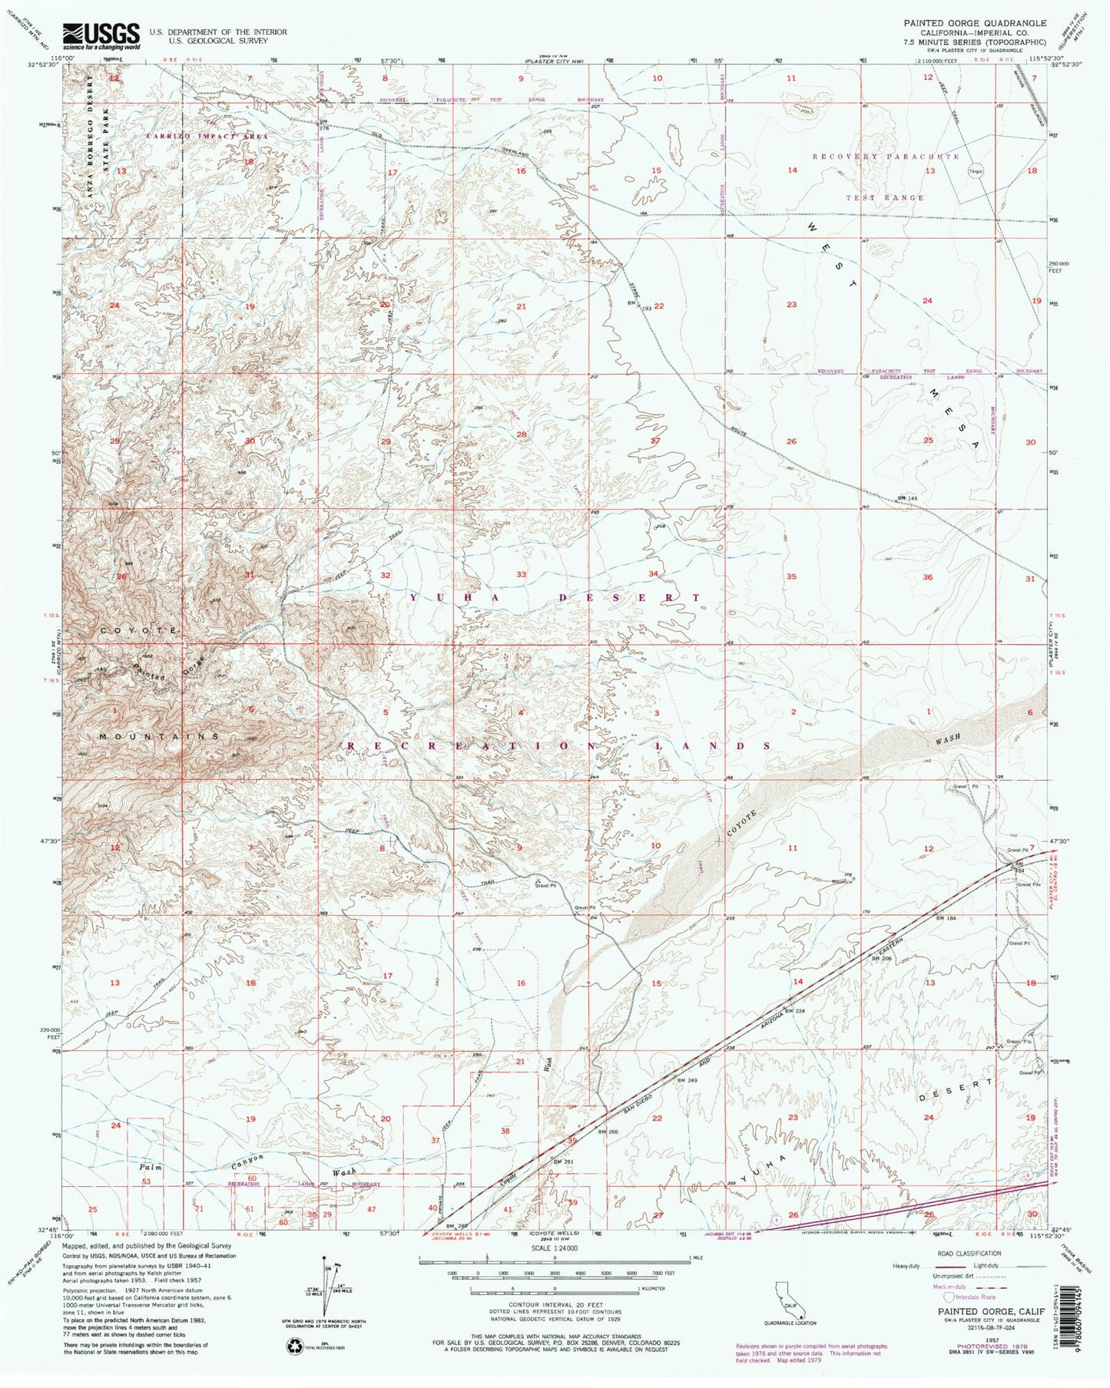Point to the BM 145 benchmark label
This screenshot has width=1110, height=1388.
tap(907, 498)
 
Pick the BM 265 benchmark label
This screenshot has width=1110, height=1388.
tap(608, 1132)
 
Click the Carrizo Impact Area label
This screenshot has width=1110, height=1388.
tap(207, 136)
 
